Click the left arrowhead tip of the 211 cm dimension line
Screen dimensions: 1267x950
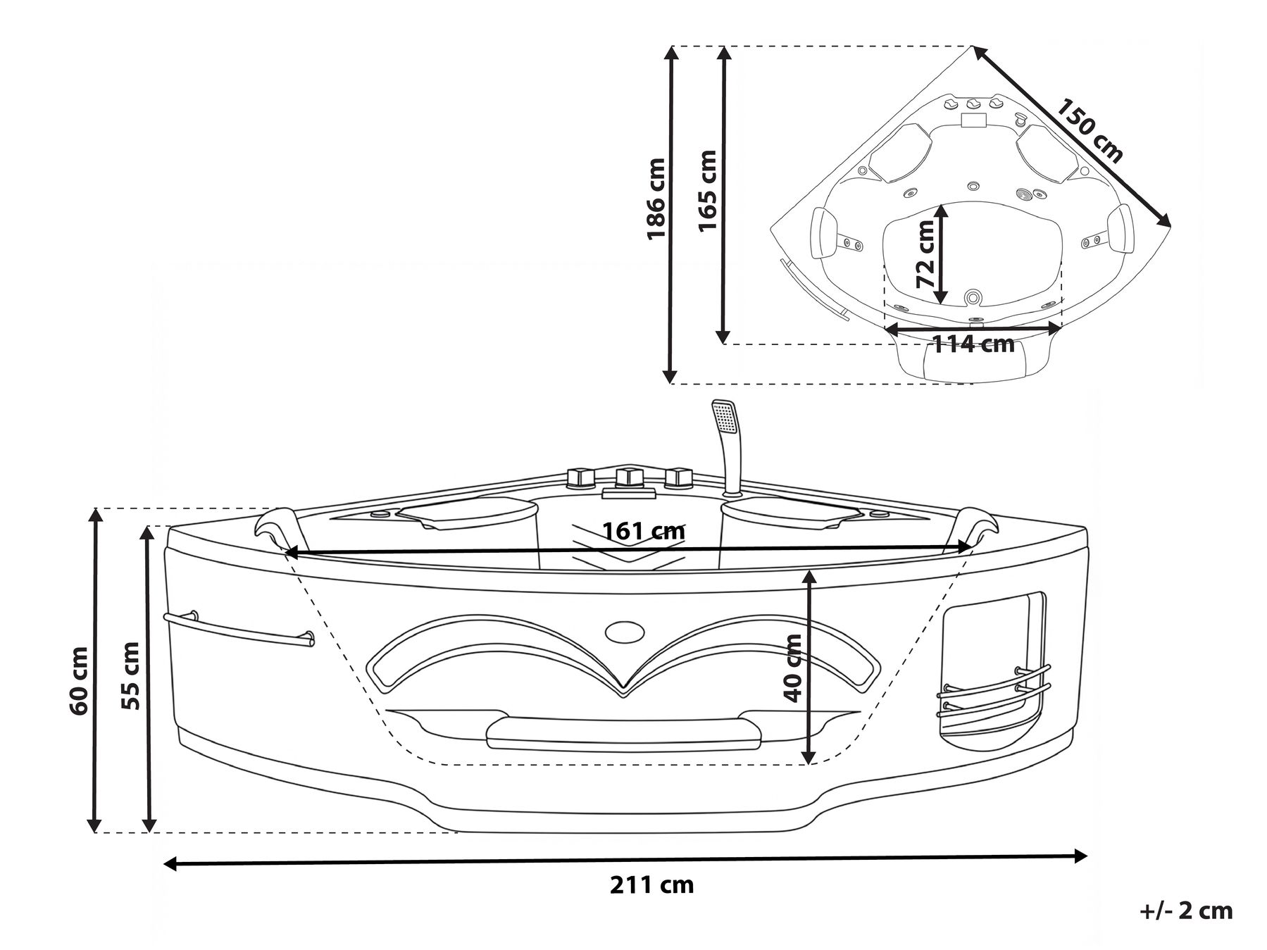tap(163, 863)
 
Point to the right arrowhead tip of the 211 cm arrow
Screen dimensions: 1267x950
tap(1087, 856)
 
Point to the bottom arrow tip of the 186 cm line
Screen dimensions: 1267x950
tap(670, 383)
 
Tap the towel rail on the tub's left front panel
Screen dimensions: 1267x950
tap(239, 628)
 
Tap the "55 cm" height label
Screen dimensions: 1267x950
tap(132, 675)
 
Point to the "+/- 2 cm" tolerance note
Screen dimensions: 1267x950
tap(1186, 911)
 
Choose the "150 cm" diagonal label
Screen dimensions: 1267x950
tap(1090, 131)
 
